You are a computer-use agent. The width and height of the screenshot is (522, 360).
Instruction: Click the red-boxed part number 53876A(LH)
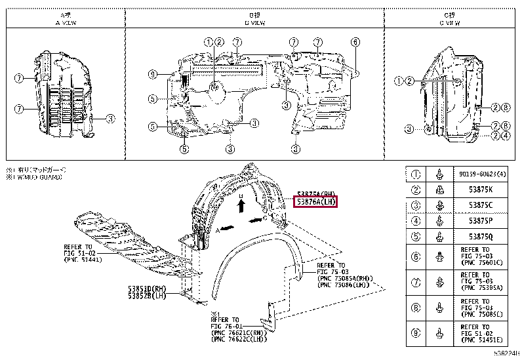point(315,202)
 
